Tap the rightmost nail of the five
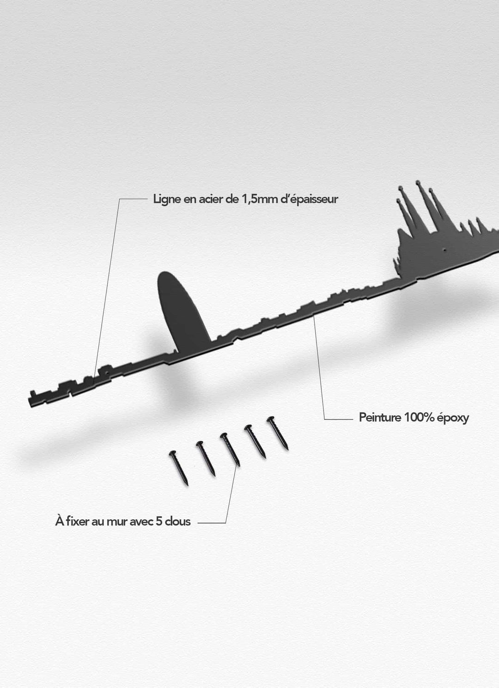point(278,433)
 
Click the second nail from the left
point(206,458)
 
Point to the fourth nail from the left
point(255,441)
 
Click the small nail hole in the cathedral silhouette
point(444,250)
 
